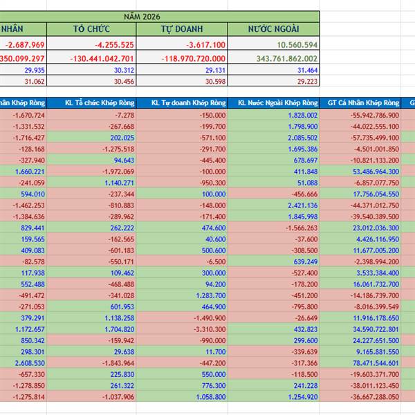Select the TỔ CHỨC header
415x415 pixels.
pos(92,28)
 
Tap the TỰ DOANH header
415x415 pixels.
pos(182,28)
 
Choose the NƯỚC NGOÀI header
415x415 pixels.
pos(274,28)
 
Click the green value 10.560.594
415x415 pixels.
pos(296,44)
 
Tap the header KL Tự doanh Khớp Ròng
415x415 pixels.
pos(182,103)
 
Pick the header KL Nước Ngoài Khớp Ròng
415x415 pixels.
pos(274,103)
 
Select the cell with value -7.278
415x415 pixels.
pos(122,115)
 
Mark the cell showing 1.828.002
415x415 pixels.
pos(302,115)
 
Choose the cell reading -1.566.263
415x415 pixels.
pos(301,228)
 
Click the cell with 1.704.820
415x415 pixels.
pos(119,329)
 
